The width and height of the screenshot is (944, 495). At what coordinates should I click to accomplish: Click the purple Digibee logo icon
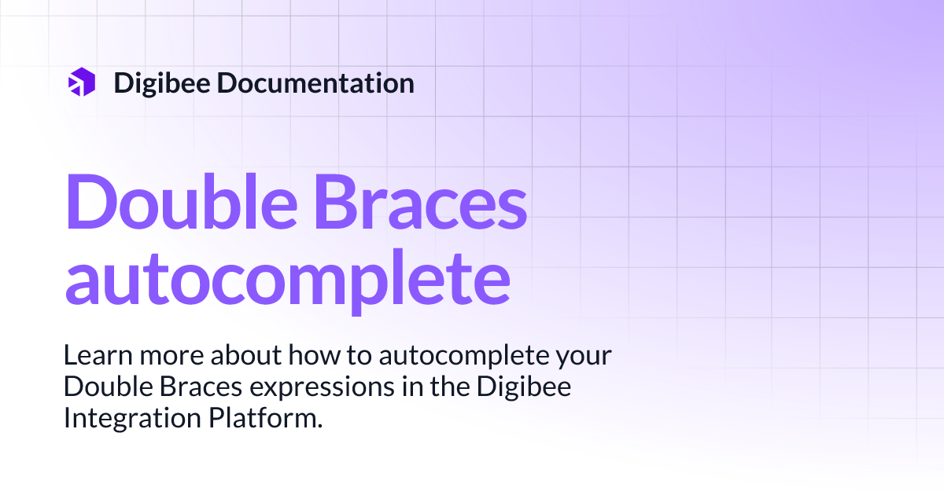point(82,82)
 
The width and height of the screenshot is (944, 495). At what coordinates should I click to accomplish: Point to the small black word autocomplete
point(463,356)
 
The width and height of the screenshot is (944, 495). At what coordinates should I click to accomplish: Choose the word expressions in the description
point(301,387)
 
